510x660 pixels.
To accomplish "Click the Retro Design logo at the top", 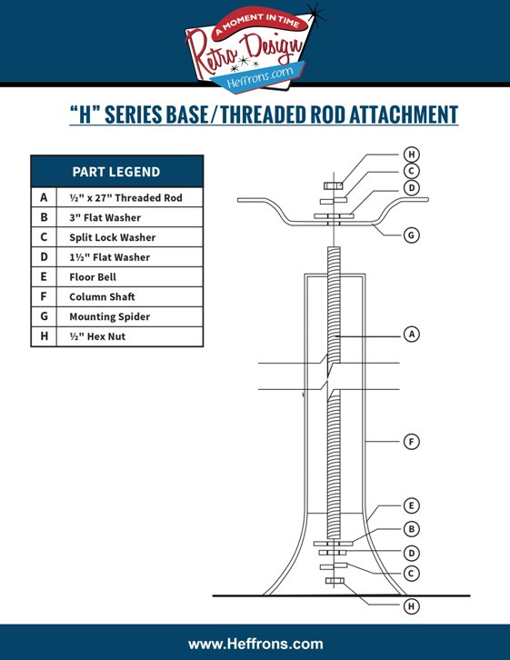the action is pyautogui.click(x=253, y=47).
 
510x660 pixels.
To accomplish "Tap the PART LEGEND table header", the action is pyautogui.click(x=116, y=171).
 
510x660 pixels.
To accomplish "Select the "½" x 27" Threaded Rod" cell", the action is pyautogui.click(x=125, y=197).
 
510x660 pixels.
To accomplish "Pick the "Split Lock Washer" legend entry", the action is pyautogui.click(x=113, y=237).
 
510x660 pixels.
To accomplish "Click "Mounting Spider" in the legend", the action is pyautogui.click(x=109, y=316).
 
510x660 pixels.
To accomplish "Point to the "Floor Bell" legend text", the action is pyautogui.click(x=93, y=277).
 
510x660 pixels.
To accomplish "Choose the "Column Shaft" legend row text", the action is pyautogui.click(x=102, y=296).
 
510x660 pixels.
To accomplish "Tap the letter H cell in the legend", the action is pyautogui.click(x=44, y=336).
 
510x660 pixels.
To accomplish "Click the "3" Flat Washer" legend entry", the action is pyautogui.click(x=105, y=217).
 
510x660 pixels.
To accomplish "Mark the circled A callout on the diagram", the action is pyautogui.click(x=412, y=335).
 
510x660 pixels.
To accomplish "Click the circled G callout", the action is pyautogui.click(x=412, y=235).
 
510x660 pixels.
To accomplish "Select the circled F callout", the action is pyautogui.click(x=412, y=442).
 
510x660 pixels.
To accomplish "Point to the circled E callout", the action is pyautogui.click(x=412, y=505).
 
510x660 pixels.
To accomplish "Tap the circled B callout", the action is pyautogui.click(x=412, y=529).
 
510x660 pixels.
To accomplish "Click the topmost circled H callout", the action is pyautogui.click(x=412, y=155).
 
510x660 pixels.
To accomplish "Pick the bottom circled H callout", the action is pyautogui.click(x=412, y=606).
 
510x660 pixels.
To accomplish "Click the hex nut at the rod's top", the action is pyautogui.click(x=334, y=185).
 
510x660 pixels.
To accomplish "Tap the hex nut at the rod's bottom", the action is pyautogui.click(x=335, y=581).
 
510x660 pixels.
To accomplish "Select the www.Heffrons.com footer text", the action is pyautogui.click(x=255, y=644).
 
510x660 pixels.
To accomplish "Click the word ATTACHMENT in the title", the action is pyautogui.click(x=404, y=115).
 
